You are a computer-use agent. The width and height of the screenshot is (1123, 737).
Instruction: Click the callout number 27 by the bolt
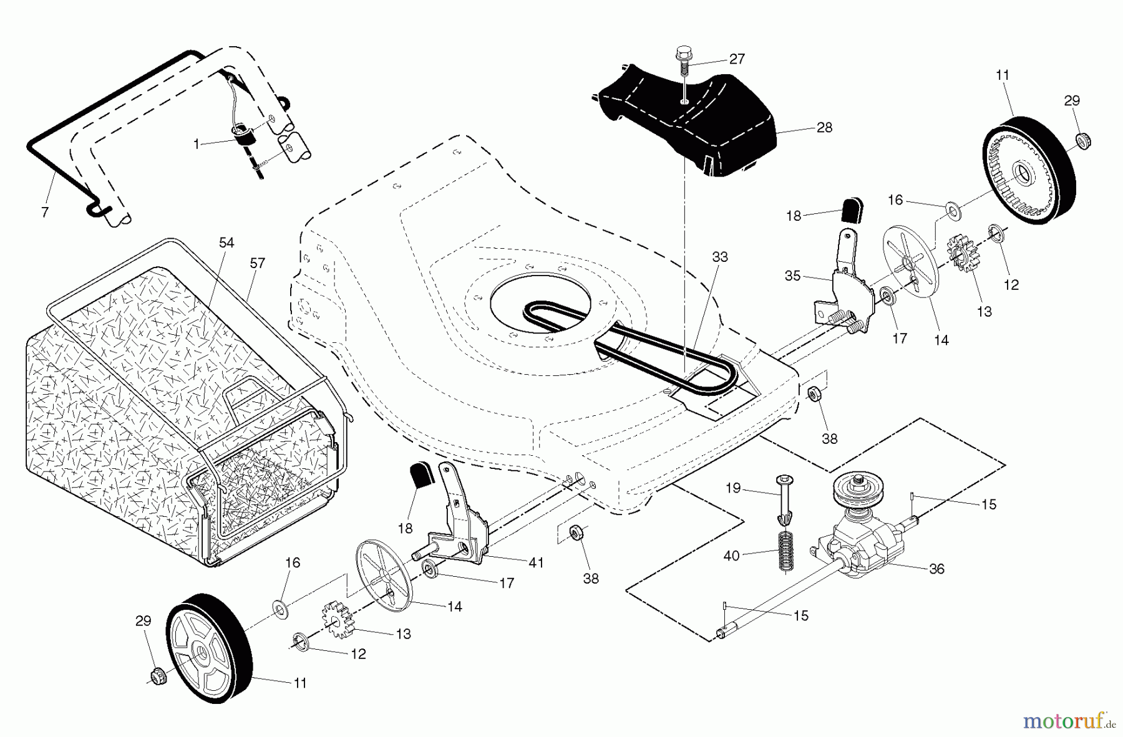click(x=737, y=59)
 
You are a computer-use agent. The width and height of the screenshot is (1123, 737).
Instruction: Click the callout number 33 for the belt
click(x=719, y=257)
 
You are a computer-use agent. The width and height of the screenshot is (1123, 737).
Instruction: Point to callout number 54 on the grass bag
click(x=226, y=243)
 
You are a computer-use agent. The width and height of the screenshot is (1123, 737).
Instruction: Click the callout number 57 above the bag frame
click(x=257, y=263)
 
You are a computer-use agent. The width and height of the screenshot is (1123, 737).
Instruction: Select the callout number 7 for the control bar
click(x=44, y=213)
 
